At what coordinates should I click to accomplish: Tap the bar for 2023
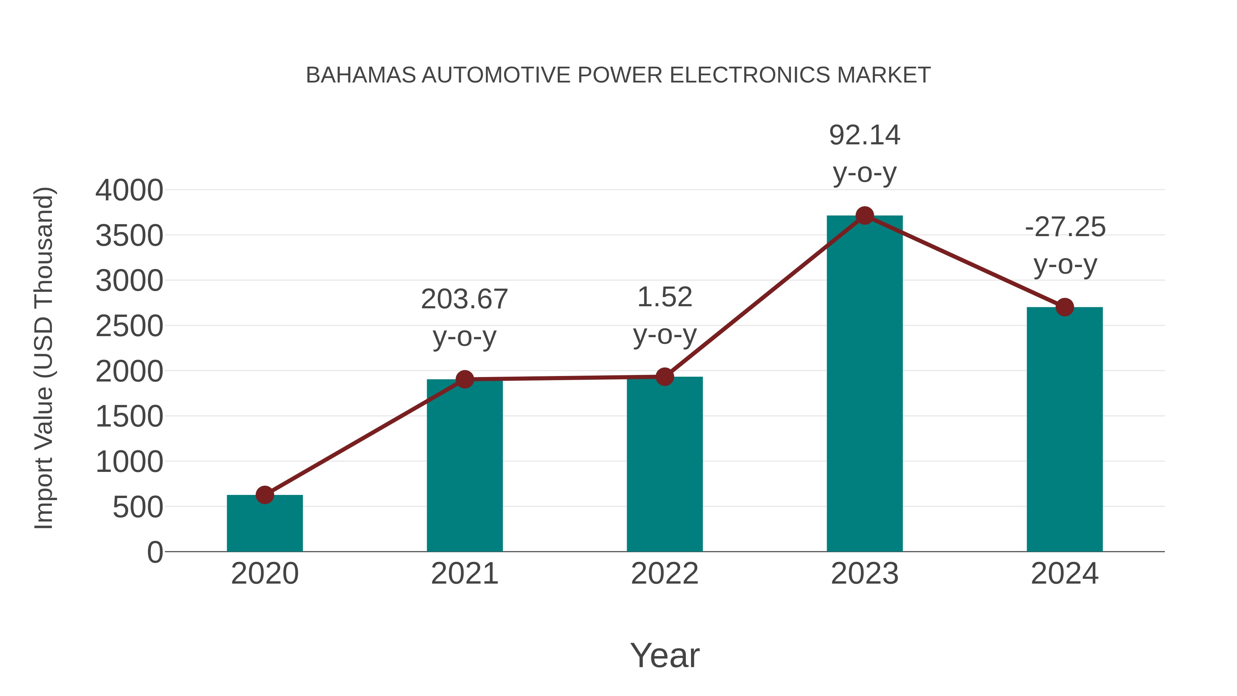click(x=865, y=384)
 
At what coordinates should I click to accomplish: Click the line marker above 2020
click(x=265, y=495)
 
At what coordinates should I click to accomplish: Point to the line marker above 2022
click(x=665, y=377)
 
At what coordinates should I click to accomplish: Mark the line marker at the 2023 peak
click(x=865, y=216)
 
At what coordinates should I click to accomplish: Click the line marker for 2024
click(x=1065, y=307)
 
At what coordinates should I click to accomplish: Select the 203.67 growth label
click(x=464, y=299)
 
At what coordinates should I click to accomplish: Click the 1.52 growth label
click(x=665, y=297)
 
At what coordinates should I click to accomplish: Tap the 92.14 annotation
click(x=865, y=135)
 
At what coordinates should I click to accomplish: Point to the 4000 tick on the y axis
click(x=129, y=190)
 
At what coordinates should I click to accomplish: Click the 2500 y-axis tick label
click(x=129, y=327)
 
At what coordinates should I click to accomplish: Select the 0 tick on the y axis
click(x=155, y=552)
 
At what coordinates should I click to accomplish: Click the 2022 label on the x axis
click(x=665, y=574)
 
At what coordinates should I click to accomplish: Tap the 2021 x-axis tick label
click(x=464, y=574)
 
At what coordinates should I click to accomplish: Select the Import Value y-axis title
click(x=43, y=358)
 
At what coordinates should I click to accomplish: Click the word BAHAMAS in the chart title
click(x=361, y=75)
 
